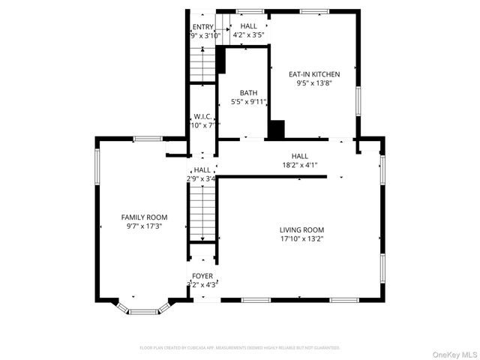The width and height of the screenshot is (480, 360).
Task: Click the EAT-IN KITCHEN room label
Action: pyautogui.click(x=314, y=74)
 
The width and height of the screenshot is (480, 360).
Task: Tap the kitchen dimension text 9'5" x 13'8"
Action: pyautogui.click(x=314, y=83)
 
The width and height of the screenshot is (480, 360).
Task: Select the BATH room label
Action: pyautogui.click(x=248, y=93)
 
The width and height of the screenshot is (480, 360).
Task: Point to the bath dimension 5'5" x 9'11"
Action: pyautogui.click(x=248, y=101)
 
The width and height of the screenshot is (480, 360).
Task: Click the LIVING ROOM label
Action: pyautogui.click(x=301, y=230)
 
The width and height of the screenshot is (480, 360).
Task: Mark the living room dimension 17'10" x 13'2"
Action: pyautogui.click(x=301, y=239)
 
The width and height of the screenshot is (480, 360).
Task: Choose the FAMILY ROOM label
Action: pyautogui.click(x=144, y=217)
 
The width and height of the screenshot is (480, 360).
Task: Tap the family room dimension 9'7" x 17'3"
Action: pyautogui.click(x=144, y=226)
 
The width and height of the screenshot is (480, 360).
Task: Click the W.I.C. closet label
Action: pyautogui.click(x=202, y=116)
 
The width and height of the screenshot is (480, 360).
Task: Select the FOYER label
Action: pyautogui.click(x=202, y=276)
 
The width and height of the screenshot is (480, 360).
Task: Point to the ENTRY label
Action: pyautogui.click(x=202, y=26)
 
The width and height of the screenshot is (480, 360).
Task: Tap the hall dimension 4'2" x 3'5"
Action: pyautogui.click(x=248, y=35)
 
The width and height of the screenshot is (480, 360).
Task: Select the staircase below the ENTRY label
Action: pyautogui.click(x=202, y=64)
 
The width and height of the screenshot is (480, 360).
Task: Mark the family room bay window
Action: pyautogui.click(x=143, y=308)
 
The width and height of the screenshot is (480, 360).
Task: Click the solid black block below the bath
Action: pyautogui.click(x=276, y=130)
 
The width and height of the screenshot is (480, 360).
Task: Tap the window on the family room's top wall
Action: pyautogui.click(x=148, y=139)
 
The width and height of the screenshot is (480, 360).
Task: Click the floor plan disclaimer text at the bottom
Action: pyautogui.click(x=240, y=348)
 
